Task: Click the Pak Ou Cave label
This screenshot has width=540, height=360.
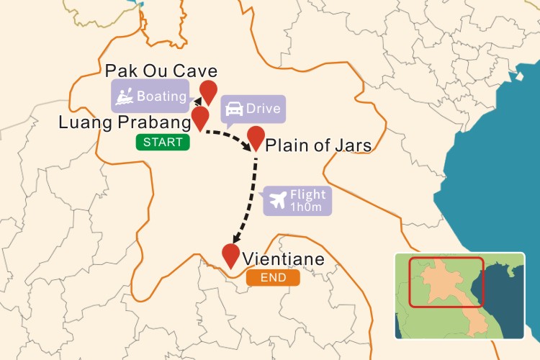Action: pyautogui.click(x=161, y=71)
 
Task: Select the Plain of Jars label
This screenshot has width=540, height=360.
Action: pyautogui.click(x=318, y=145)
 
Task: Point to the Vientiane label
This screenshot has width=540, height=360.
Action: pyautogui.click(x=283, y=258)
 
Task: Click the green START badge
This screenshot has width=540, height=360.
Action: pyautogui.click(x=163, y=143)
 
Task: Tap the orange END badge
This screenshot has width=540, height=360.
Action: pyautogui.click(x=272, y=278)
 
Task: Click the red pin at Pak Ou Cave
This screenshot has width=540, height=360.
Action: pyautogui.click(x=209, y=91)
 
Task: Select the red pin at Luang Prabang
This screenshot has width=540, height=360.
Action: pyautogui.click(x=200, y=116)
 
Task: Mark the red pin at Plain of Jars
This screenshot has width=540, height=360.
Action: pyautogui.click(x=256, y=136)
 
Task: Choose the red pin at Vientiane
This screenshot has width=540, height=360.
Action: pyautogui.click(x=230, y=255)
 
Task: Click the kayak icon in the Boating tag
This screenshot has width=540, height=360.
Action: pyautogui.click(x=125, y=96)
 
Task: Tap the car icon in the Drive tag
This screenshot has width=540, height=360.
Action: pyautogui.click(x=234, y=110)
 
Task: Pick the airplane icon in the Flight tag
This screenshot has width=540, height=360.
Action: pyautogui.click(x=276, y=200)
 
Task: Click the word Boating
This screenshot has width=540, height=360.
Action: pyautogui.click(x=161, y=96)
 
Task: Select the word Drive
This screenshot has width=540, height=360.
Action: pyautogui.click(x=263, y=110)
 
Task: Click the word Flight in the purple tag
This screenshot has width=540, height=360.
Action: pyautogui.click(x=307, y=194)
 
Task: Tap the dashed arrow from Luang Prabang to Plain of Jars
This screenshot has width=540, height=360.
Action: pyautogui.click(x=229, y=136)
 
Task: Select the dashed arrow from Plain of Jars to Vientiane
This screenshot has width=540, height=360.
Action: pyautogui.click(x=249, y=202)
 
